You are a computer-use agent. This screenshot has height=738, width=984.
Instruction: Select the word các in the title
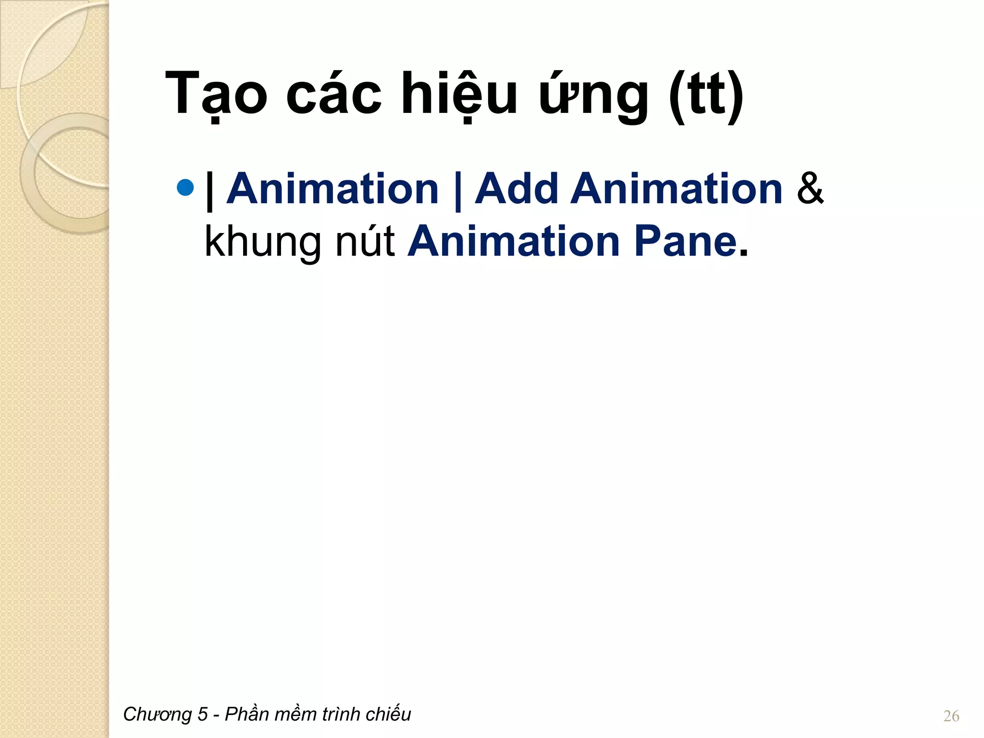(333, 94)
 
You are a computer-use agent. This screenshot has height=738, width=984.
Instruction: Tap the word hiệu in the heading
(459, 94)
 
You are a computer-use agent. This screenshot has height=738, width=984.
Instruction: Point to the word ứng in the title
(594, 94)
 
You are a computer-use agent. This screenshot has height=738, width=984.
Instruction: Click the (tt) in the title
(706, 94)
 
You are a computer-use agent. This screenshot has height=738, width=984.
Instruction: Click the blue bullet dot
(185, 187)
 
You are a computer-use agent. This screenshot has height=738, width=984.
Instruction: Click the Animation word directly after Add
(676, 189)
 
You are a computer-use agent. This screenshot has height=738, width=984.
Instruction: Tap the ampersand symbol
(811, 189)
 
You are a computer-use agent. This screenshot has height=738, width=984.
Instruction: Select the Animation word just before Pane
(514, 242)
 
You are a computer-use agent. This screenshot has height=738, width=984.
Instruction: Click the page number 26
(951, 716)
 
